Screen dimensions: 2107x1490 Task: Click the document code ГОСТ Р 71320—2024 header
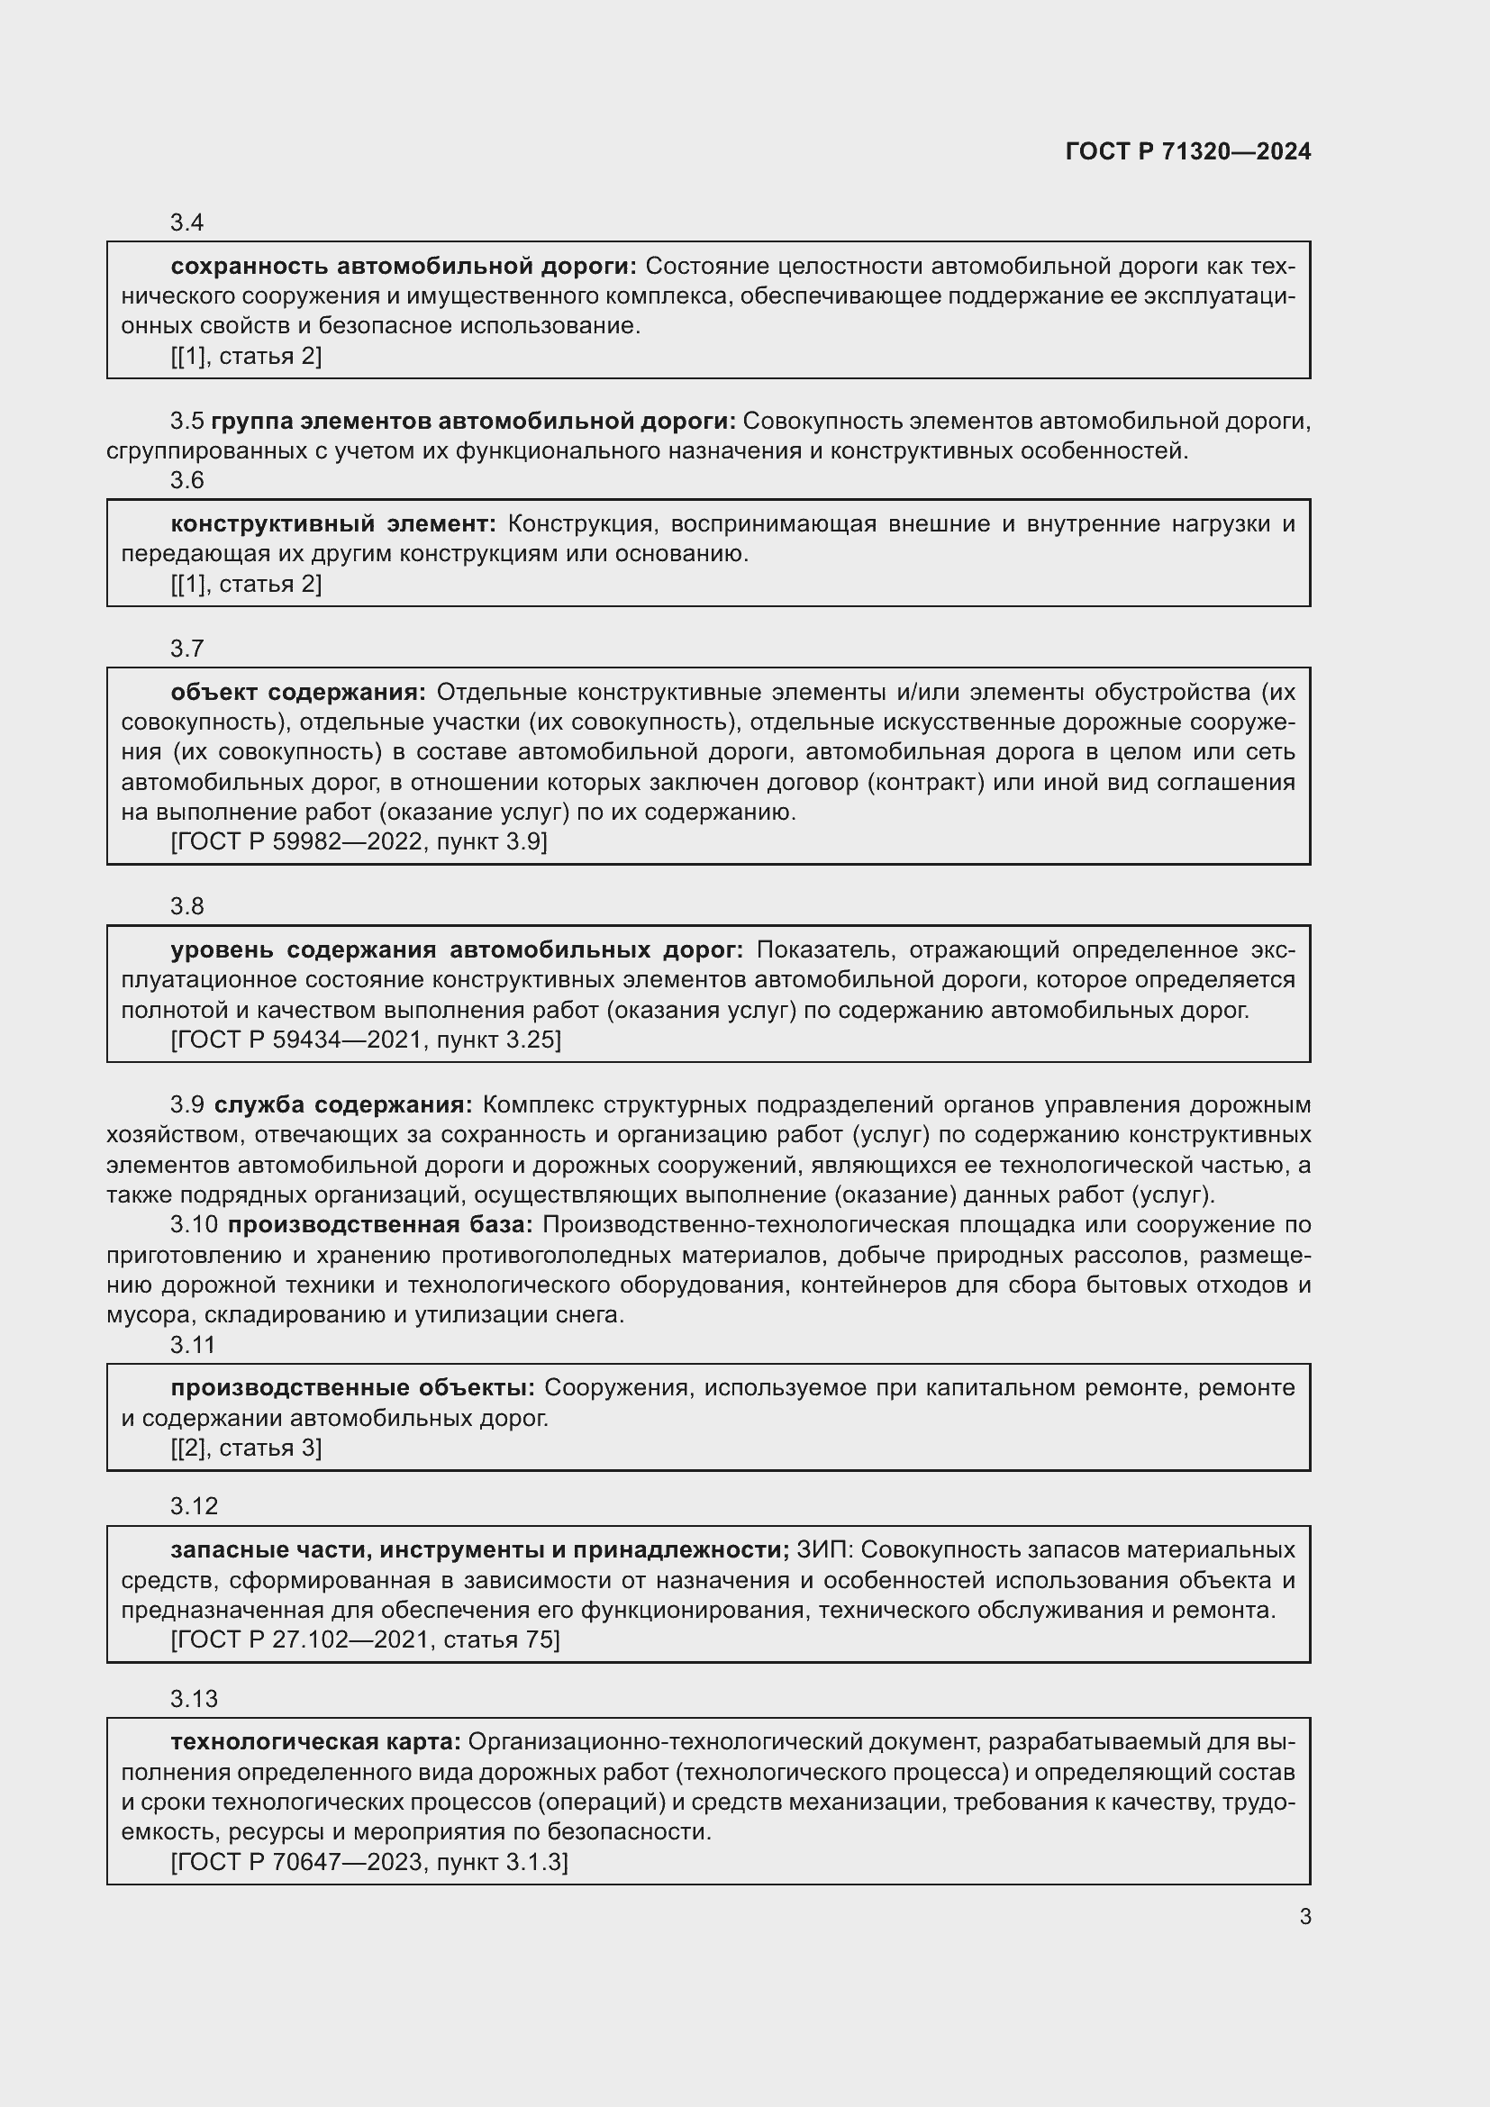click(1187, 152)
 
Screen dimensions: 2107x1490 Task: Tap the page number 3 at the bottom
click(1304, 1916)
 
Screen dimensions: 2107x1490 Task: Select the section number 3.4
click(186, 223)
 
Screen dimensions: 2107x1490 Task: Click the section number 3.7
click(186, 649)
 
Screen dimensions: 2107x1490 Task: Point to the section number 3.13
click(194, 1699)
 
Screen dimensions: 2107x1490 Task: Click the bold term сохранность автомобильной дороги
click(403, 266)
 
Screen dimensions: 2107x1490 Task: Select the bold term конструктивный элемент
click(333, 524)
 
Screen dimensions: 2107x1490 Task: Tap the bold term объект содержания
click(298, 692)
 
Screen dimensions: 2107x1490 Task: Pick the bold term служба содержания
click(343, 1104)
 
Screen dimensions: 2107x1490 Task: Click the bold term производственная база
click(380, 1224)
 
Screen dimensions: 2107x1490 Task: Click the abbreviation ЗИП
click(824, 1550)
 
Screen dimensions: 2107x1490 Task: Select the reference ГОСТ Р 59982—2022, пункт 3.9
click(359, 841)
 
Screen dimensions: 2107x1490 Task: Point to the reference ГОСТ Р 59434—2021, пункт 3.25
click(365, 1040)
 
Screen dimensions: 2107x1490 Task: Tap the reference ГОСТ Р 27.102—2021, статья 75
click(365, 1639)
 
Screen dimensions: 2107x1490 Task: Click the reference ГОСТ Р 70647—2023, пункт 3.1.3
click(368, 1862)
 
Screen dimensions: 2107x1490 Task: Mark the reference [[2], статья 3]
click(246, 1449)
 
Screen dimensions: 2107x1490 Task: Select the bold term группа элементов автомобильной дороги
click(474, 422)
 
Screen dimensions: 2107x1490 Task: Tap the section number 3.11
click(193, 1345)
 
